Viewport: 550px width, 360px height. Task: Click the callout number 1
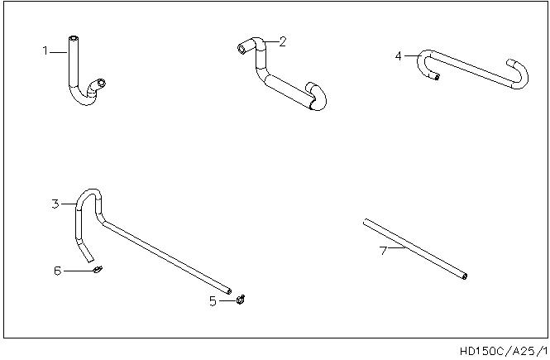pos(45,50)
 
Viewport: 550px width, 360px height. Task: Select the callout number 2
pos(283,41)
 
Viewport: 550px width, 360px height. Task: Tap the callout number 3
pos(55,204)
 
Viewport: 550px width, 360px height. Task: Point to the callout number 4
pos(398,55)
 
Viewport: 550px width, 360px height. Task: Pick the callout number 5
pos(213,301)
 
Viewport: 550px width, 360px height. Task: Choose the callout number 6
pos(58,271)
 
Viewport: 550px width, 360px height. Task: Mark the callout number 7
pos(384,251)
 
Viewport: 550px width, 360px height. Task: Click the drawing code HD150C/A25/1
pos(504,351)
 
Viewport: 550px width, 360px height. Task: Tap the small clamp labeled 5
pos(241,300)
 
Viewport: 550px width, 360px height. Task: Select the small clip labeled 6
pos(98,270)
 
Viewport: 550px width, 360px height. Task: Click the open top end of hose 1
pos(74,38)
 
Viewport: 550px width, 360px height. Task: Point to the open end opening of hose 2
pos(242,49)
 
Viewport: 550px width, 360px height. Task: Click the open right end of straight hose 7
pos(465,276)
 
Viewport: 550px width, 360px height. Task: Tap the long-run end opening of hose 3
pos(229,291)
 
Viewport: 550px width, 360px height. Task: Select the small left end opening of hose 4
pos(437,76)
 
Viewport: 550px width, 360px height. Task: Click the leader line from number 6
pos(79,271)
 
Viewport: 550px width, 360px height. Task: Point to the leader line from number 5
pos(227,300)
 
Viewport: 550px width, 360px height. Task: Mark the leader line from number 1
pos(58,52)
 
